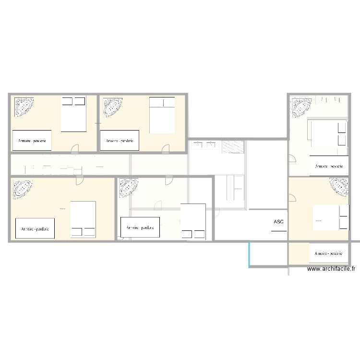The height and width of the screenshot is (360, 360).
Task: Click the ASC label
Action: point(278,222)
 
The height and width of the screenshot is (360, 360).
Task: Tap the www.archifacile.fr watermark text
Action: point(331,269)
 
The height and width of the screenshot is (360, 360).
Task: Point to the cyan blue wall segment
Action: point(249,253)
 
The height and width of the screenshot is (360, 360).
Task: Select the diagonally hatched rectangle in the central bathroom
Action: point(234,146)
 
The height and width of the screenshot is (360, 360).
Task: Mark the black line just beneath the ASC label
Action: point(278,231)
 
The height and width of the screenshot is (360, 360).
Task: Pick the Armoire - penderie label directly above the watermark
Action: point(329,253)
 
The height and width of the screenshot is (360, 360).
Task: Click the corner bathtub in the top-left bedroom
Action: point(24,107)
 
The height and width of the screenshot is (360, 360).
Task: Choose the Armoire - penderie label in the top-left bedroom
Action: point(32,141)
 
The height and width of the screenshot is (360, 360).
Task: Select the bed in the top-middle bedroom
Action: point(162,115)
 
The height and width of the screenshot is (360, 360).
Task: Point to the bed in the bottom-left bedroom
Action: point(83,219)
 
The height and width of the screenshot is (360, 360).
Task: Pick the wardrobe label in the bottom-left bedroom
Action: point(35,228)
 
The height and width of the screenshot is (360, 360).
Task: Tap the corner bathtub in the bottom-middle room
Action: point(128,188)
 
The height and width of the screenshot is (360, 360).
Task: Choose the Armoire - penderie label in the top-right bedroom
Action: point(329,166)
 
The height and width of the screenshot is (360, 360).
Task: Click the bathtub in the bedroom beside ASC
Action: point(339,187)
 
